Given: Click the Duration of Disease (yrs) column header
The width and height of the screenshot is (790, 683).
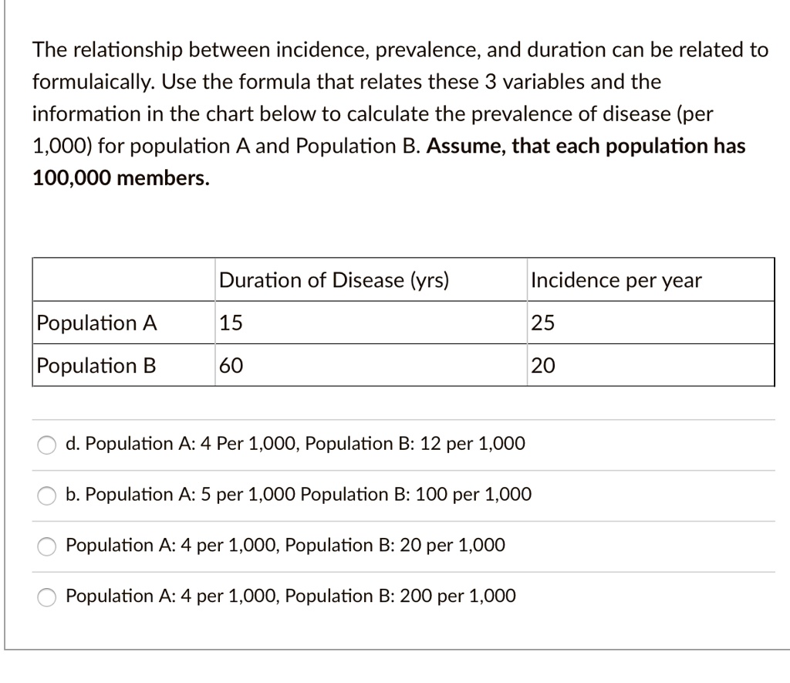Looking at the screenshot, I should [x=333, y=280].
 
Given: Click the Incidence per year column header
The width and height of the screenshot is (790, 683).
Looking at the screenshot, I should [x=616, y=280].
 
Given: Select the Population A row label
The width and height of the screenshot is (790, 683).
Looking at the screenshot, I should [x=97, y=323].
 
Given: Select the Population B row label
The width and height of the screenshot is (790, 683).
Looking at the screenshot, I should [x=96, y=365].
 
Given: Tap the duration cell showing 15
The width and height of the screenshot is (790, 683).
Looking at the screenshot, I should [x=231, y=323].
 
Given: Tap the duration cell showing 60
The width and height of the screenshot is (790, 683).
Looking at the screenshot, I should [x=231, y=365].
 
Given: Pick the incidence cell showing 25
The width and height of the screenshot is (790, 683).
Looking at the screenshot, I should [x=542, y=323].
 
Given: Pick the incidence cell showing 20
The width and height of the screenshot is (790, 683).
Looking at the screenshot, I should [x=542, y=365].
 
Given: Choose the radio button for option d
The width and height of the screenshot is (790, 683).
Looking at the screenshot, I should [x=48, y=445].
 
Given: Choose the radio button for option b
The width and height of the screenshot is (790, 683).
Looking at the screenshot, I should [x=48, y=495].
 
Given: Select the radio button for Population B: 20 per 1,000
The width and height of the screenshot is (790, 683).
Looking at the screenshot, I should [x=48, y=546].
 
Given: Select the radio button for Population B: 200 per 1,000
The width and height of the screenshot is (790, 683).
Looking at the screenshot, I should [x=48, y=597].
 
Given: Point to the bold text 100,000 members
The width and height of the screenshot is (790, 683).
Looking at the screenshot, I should [x=120, y=178].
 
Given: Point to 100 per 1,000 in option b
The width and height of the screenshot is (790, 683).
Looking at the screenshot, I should [x=473, y=494].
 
